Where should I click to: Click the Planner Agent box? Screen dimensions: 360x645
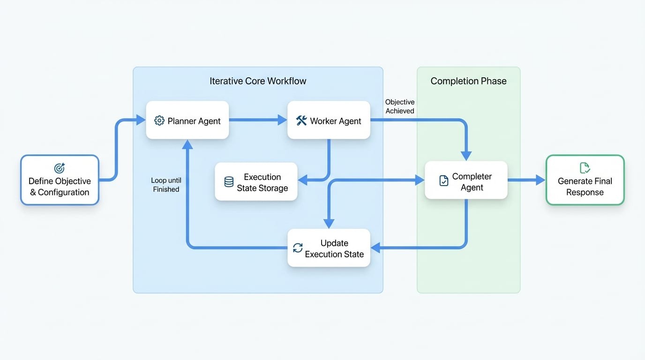tap(187, 120)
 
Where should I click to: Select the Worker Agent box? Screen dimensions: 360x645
tap(329, 120)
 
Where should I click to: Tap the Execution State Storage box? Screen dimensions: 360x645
tap(256, 182)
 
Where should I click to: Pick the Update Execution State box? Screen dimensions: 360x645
tap(329, 248)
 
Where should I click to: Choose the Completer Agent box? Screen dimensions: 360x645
tap(466, 180)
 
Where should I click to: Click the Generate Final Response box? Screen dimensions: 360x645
tap(585, 180)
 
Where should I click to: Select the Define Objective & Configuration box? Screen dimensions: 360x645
tap(60, 180)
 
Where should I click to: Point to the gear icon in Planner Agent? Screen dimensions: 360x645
tap(159, 121)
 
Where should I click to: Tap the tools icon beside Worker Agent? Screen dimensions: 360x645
tap(301, 121)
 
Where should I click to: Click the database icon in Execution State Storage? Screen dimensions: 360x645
tap(229, 182)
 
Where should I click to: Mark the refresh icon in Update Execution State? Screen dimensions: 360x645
tap(298, 248)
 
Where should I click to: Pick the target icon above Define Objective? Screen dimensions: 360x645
tap(60, 168)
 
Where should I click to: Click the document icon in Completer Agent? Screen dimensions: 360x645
tap(443, 181)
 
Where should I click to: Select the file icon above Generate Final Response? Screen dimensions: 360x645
tap(585, 167)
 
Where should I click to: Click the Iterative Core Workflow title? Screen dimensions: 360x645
tap(258, 81)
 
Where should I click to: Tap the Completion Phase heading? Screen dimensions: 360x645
tap(468, 81)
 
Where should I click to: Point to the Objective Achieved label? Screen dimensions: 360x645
tap(400, 106)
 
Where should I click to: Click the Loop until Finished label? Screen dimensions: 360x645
tap(166, 185)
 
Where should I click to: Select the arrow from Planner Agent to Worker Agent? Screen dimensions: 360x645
tap(258, 120)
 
